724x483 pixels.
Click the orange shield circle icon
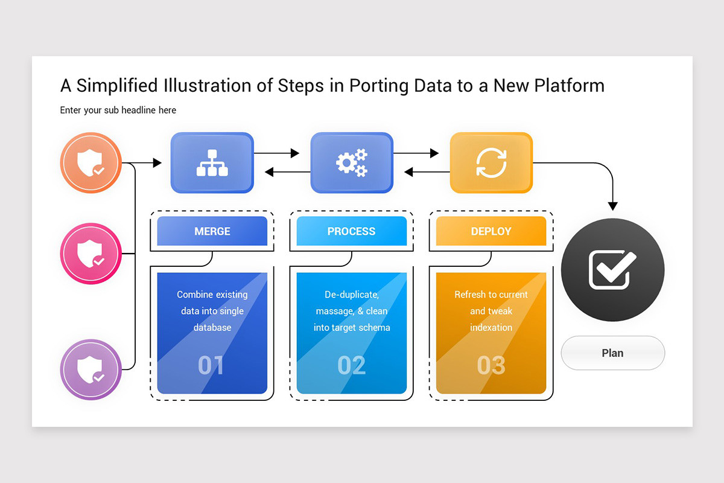point(91,163)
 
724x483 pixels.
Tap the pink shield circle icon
point(91,254)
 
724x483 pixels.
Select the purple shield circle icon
point(91,369)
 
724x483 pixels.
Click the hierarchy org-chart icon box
point(212,163)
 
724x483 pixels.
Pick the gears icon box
point(352,163)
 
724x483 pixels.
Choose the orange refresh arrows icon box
point(491,163)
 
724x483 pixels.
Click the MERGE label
point(212,231)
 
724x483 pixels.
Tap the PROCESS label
point(352,231)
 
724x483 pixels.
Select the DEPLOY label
point(491,231)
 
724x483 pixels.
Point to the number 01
point(211,365)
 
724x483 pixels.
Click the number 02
point(351,365)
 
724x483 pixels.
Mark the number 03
point(491,365)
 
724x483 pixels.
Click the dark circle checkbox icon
point(613,270)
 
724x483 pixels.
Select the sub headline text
point(118,110)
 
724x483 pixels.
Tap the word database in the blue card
point(212,327)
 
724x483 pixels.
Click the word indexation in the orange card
point(491,327)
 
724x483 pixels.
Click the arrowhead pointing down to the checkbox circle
point(613,206)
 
